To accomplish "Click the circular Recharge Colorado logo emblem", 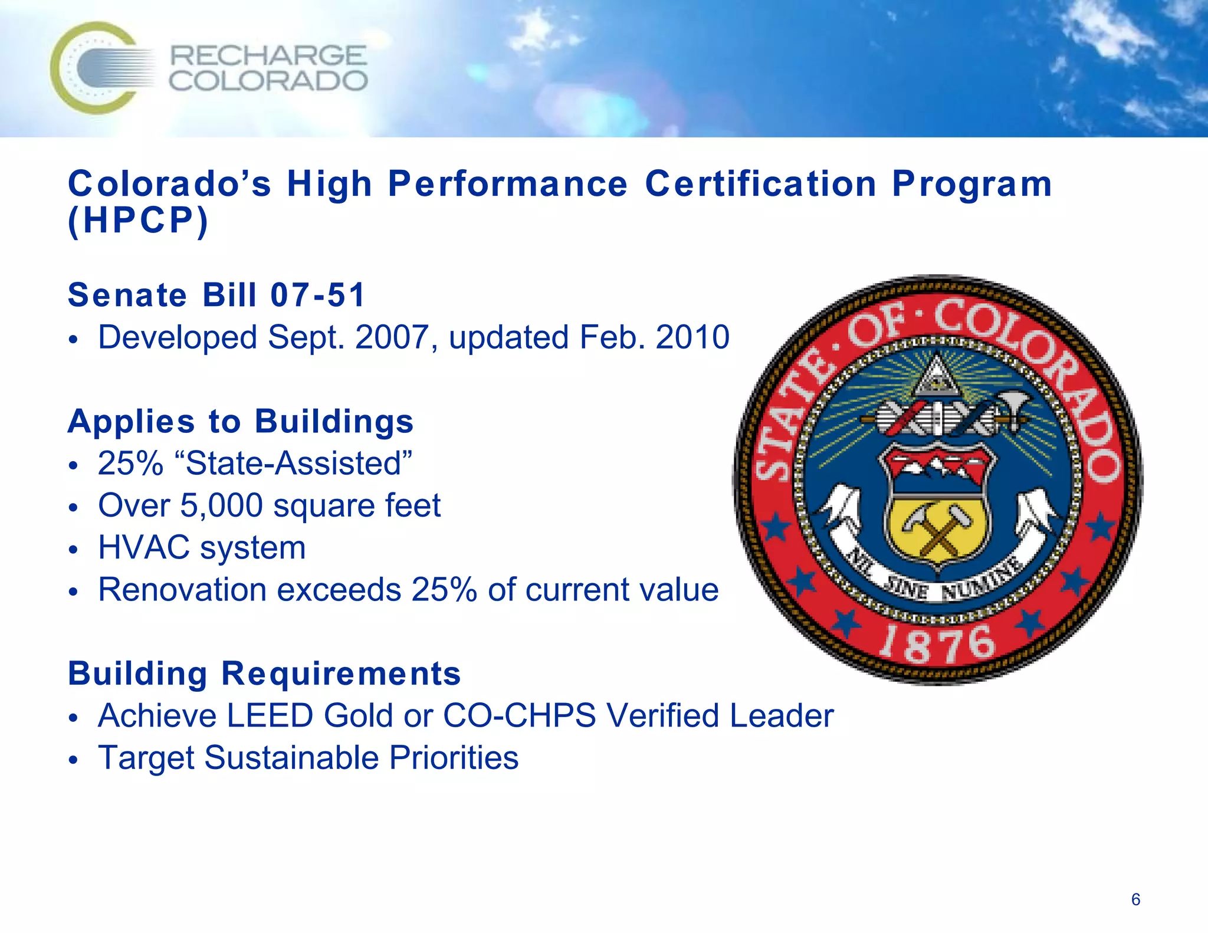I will coord(94,68).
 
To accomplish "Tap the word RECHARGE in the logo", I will coord(268,56).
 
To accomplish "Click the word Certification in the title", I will coord(760,184).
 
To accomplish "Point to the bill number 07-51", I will coord(318,295).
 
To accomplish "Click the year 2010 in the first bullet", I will coord(692,337).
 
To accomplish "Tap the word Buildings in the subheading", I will coord(334,422).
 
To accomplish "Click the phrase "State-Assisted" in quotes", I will coord(298,464).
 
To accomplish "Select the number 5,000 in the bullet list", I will coord(221,505).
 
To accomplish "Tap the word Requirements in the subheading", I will coord(341,674).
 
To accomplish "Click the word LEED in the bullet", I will coord(270,716).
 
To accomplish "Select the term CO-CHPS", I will coord(519,716).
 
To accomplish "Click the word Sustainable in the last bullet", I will coord(291,758).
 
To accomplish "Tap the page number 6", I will coord(1135,899).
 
